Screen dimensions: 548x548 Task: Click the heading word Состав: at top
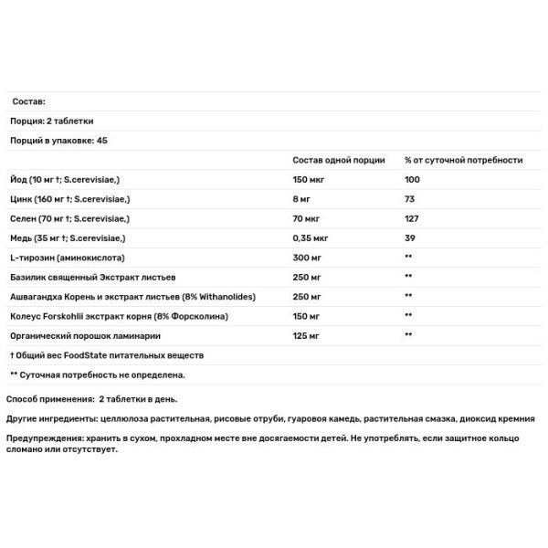click(27, 102)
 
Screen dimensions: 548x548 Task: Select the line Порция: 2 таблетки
click(52, 121)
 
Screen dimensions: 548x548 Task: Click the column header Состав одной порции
click(339, 161)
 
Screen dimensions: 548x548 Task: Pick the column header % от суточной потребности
click(463, 161)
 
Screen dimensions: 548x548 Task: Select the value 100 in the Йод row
click(413, 180)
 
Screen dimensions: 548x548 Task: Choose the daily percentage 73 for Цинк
click(410, 199)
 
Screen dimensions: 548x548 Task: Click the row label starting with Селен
click(70, 219)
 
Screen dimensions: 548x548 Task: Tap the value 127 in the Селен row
click(412, 219)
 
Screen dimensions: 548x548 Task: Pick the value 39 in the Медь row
click(410, 238)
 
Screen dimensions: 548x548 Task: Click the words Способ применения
click(47, 399)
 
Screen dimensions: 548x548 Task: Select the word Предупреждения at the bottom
click(44, 438)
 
